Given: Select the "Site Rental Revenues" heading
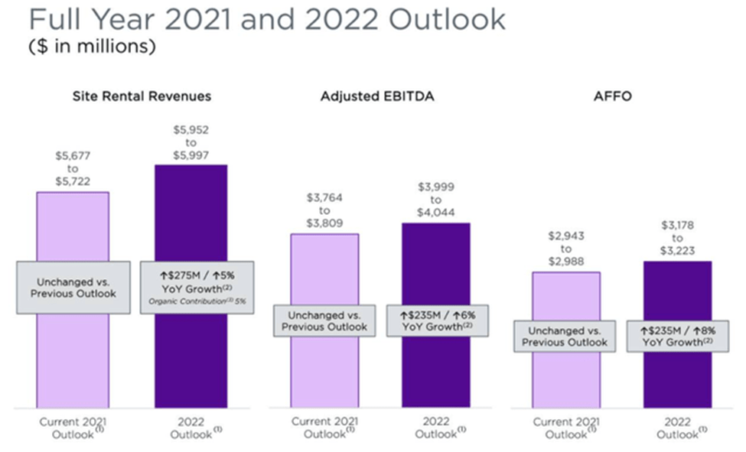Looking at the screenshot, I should pos(142,96).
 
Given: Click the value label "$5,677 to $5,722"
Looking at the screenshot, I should pos(73,167).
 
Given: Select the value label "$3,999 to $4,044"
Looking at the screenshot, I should pos(435,200).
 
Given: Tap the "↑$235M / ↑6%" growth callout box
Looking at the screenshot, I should pos(437,320).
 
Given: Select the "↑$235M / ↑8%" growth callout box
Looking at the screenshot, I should pos(677,336).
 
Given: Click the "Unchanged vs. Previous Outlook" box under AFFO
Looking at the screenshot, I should pos(565,337).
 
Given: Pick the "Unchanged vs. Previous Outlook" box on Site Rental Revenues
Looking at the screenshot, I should pos(73,287).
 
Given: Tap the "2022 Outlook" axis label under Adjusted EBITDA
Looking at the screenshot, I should pos(437,428).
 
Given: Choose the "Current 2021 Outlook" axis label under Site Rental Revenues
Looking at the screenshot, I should pos(73,428).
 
